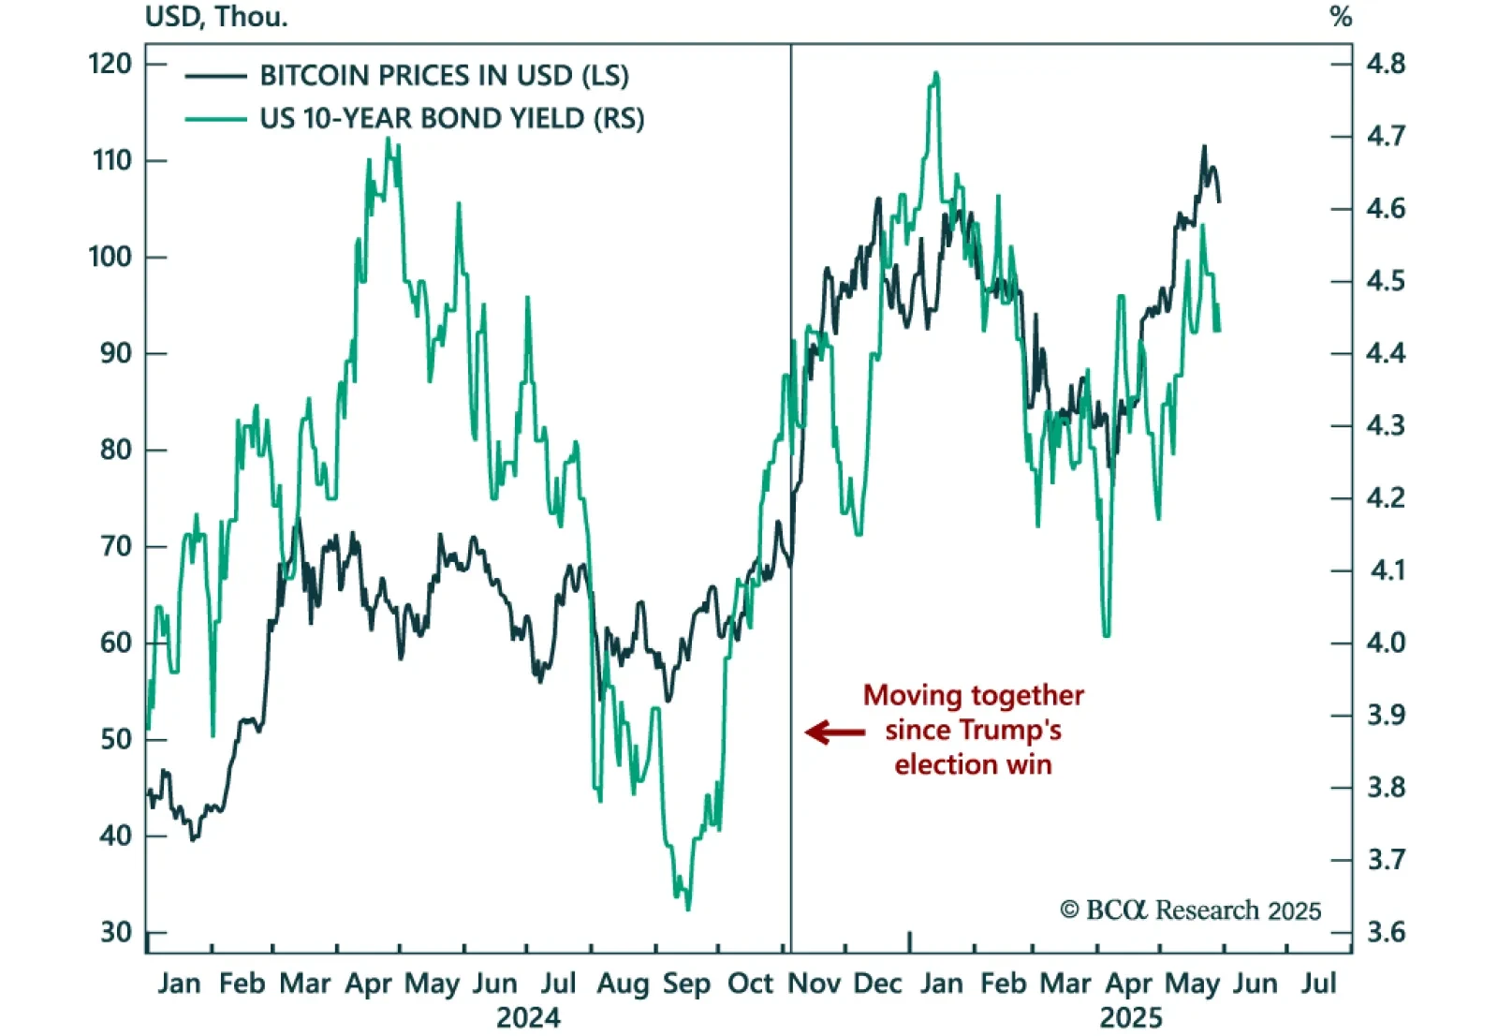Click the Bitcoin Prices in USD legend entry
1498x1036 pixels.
pyautogui.click(x=444, y=76)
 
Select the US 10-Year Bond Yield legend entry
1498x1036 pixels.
pyautogui.click(x=451, y=119)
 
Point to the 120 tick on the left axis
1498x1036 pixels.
pyautogui.click(x=110, y=64)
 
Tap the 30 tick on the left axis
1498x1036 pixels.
pyautogui.click(x=116, y=932)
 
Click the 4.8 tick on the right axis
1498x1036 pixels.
pyautogui.click(x=1386, y=64)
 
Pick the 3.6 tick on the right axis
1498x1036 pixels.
pyautogui.click(x=1386, y=932)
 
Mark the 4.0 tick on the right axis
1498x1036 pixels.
pyautogui.click(x=1386, y=643)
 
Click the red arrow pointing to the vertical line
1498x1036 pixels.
pyautogui.click(x=834, y=732)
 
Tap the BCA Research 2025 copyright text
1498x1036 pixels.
pyautogui.click(x=1190, y=910)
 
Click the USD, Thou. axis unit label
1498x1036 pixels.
pyautogui.click(x=216, y=17)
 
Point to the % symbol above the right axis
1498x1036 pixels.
pyautogui.click(x=1341, y=17)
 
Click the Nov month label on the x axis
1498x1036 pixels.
pyautogui.click(x=814, y=984)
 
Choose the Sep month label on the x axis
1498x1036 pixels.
pyautogui.click(x=686, y=984)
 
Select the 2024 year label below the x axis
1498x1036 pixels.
pyautogui.click(x=528, y=1018)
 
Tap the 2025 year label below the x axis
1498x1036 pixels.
pyautogui.click(x=1131, y=1018)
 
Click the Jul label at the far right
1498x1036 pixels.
pyautogui.click(x=1318, y=984)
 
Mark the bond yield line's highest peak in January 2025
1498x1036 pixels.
pyautogui.click(x=935, y=73)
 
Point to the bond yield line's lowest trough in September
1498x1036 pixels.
pyautogui.click(x=688, y=909)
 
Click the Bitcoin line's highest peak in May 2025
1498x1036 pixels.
pyautogui.click(x=1204, y=146)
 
